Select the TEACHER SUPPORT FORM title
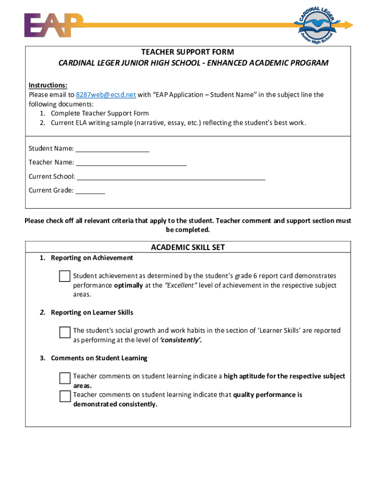coord(188,52)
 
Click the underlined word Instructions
coord(48,85)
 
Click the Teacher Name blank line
coord(131,162)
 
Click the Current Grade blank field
coord(90,190)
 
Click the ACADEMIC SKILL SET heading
coord(188,248)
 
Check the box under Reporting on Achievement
coord(65,276)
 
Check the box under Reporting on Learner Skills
coord(65,332)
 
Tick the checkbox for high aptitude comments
coord(65,378)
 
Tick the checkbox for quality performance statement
coord(65,396)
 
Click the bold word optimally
coord(129,285)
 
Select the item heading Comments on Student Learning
coord(99,358)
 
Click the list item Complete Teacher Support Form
coord(100,113)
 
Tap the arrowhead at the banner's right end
coord(349,25)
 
